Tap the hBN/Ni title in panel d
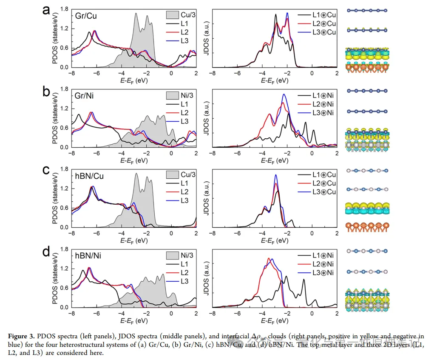tap(88, 256)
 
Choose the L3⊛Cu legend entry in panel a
tap(321, 32)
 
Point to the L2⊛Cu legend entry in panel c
tap(321, 183)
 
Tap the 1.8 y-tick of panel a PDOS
tap(64, 9)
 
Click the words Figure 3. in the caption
tap(21, 336)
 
